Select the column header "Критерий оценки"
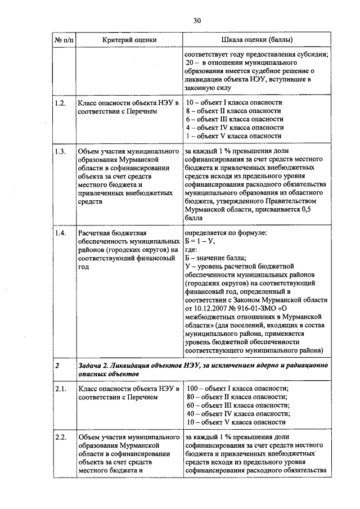pos(129,40)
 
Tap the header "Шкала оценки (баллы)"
pos(257,40)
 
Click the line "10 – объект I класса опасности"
pos(234,103)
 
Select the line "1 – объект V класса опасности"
pos(233,136)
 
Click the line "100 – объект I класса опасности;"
pos(237,389)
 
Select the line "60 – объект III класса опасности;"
pos(237,405)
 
